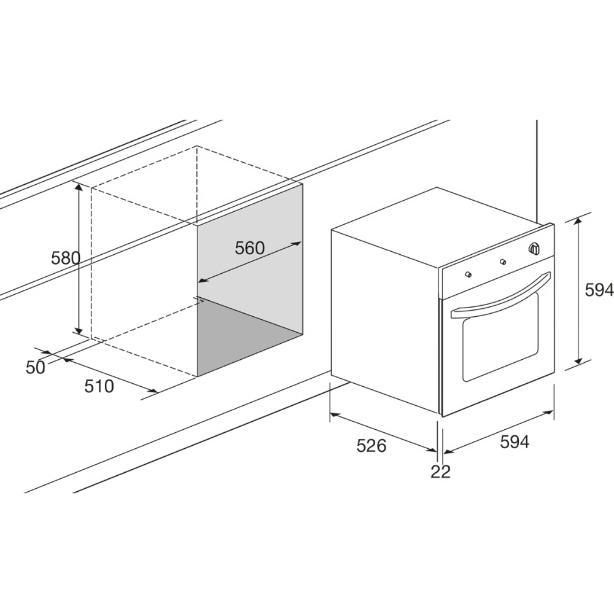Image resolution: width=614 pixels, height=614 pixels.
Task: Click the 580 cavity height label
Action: [x=66, y=258]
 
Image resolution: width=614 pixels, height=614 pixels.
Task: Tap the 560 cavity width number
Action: [x=250, y=247]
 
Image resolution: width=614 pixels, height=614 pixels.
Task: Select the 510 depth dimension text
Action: [x=99, y=386]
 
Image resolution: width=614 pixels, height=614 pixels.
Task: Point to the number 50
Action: [x=36, y=367]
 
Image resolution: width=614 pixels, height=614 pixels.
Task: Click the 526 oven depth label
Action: [x=371, y=446]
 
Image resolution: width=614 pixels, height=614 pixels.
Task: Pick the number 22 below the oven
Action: [x=440, y=472]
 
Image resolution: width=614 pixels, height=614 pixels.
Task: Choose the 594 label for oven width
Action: [x=515, y=441]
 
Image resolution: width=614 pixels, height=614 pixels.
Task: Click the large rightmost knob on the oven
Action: [x=534, y=248]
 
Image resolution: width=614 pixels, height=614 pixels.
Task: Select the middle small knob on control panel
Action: [x=503, y=262]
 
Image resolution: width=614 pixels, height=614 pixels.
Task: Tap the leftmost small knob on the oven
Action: [x=467, y=274]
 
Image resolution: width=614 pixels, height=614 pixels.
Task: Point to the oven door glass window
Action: [x=500, y=336]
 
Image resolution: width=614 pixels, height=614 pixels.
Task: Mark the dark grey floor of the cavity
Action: [x=249, y=336]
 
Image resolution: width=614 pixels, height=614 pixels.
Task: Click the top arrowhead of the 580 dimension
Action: [x=79, y=187]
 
